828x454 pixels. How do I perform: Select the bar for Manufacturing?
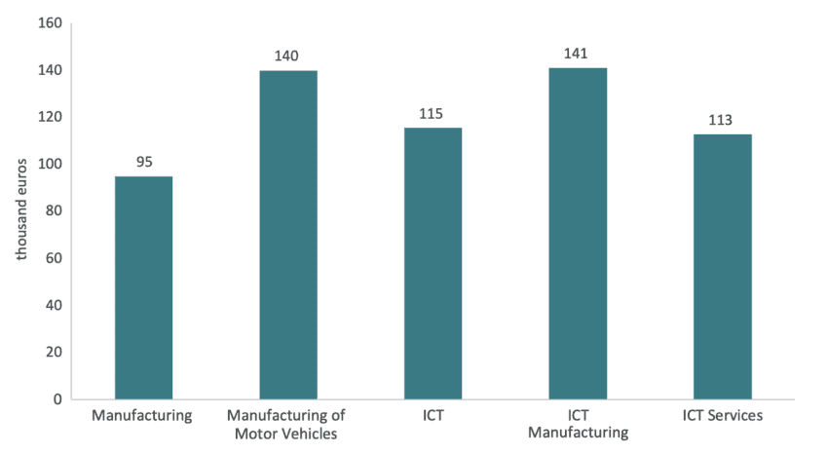(144, 287)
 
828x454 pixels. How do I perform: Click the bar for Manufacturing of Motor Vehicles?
(288, 235)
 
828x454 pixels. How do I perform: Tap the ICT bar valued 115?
(433, 264)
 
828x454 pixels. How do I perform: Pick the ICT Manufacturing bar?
(578, 234)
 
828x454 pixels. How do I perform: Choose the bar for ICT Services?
(722, 266)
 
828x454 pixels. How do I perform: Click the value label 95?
(144, 162)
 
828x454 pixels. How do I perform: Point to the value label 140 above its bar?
(287, 56)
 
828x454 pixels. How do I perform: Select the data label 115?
(432, 114)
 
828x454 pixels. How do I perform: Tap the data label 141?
(577, 54)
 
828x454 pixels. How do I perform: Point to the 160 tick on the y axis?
(51, 23)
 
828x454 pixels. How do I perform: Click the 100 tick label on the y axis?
(51, 165)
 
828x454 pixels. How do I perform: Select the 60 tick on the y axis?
(55, 258)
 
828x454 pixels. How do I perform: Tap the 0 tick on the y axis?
(58, 399)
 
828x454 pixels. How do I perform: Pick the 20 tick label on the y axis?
(55, 353)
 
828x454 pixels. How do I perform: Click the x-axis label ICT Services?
(722, 416)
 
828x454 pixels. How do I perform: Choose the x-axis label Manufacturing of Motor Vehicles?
(287, 424)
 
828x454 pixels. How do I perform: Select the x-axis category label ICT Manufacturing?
(577, 424)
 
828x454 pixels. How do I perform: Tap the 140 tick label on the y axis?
(51, 70)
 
